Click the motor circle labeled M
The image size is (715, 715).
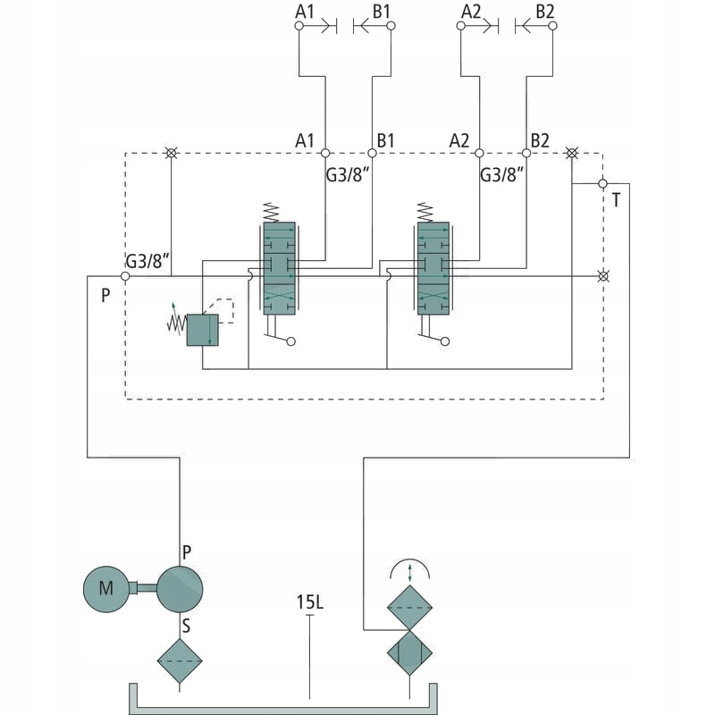pos(106,588)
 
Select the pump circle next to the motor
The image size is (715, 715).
pos(180,588)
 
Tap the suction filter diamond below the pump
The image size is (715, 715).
pos(180,661)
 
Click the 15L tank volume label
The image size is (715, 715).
pos(309,601)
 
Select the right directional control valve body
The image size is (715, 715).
pos(433,268)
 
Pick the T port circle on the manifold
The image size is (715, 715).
pos(602,184)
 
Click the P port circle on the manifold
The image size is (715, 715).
pos(125,276)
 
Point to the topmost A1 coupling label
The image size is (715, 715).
pos(306,12)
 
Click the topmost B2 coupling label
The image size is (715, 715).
pos(544,12)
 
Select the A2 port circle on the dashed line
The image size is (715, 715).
pos(479,154)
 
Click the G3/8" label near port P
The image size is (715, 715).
pos(147,262)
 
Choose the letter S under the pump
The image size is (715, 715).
pos(186,626)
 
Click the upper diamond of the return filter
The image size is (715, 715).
pos(410,609)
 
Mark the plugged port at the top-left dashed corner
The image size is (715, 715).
pos(171,154)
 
